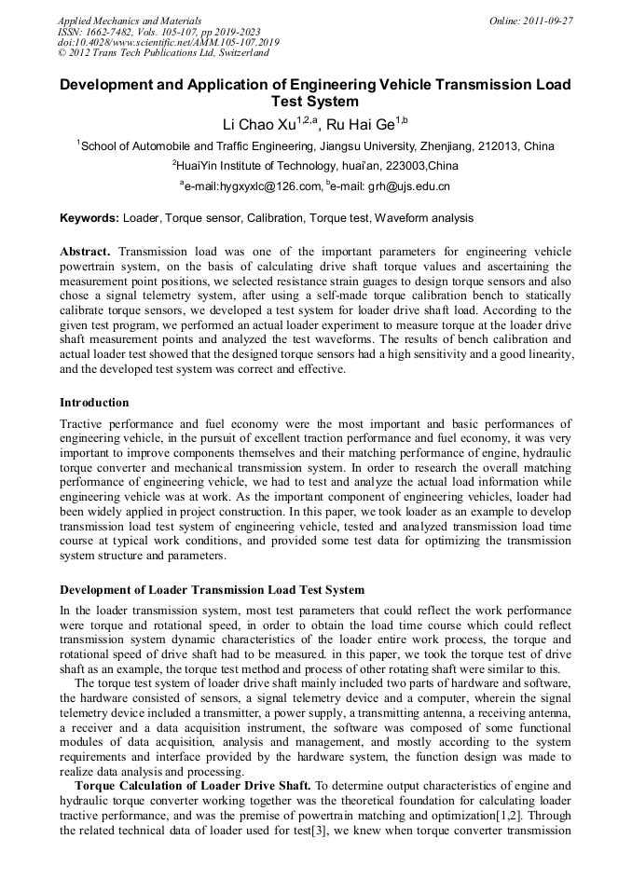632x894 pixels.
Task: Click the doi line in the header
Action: pos(168,43)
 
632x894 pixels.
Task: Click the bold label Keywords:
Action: pos(89,218)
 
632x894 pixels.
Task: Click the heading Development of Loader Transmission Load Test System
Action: pos(212,590)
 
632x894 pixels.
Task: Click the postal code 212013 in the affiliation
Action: pos(501,145)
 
